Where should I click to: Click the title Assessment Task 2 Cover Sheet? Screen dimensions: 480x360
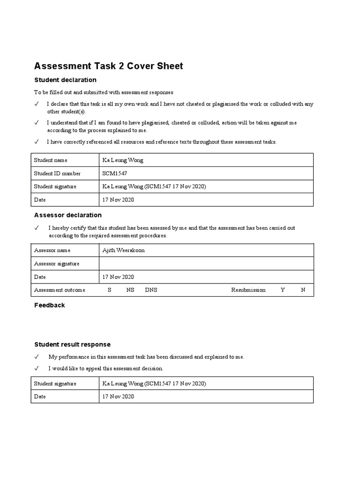point(109,66)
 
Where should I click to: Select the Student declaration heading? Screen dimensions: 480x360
point(65,80)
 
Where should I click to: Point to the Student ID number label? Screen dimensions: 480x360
point(57,173)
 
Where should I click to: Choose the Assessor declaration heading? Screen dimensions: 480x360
point(68,215)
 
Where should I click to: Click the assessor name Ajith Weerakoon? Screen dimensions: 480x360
point(124,250)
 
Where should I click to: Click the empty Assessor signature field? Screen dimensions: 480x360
point(206,263)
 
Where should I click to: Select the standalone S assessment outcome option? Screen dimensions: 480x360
point(109,290)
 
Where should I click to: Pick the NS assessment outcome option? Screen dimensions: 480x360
point(130,290)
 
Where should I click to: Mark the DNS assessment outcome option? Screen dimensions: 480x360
point(151,290)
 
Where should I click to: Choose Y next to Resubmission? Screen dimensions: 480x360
point(283,290)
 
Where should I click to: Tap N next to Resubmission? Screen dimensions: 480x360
point(303,290)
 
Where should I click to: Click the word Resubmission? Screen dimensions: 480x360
point(248,290)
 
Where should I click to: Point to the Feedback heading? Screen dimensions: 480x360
point(50,305)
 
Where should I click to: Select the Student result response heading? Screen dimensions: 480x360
point(72,345)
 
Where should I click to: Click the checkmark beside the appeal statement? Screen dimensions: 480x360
point(37,368)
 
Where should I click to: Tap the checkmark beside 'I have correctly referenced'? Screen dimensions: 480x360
point(37,142)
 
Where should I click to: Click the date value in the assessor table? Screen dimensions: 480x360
point(118,277)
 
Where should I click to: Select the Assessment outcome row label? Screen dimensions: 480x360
point(60,290)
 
